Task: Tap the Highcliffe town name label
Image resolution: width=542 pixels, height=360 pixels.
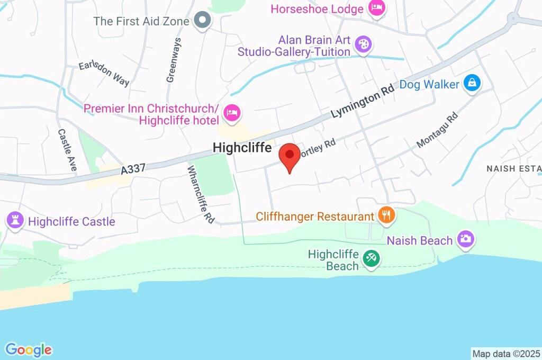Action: [x=242, y=148]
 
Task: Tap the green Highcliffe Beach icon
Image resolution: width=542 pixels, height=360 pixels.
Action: [x=371, y=259]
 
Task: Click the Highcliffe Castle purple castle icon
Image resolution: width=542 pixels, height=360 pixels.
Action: [x=14, y=220]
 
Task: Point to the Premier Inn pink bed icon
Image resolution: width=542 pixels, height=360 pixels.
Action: [x=232, y=112]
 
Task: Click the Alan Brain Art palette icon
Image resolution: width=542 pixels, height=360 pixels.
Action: [x=363, y=44]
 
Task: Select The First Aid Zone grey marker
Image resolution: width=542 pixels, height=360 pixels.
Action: [x=202, y=21]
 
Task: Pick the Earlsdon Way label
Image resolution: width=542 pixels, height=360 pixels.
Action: [x=104, y=74]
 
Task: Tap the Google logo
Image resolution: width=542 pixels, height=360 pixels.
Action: [x=29, y=349]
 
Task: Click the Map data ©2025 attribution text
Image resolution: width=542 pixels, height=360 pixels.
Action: [x=506, y=353]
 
